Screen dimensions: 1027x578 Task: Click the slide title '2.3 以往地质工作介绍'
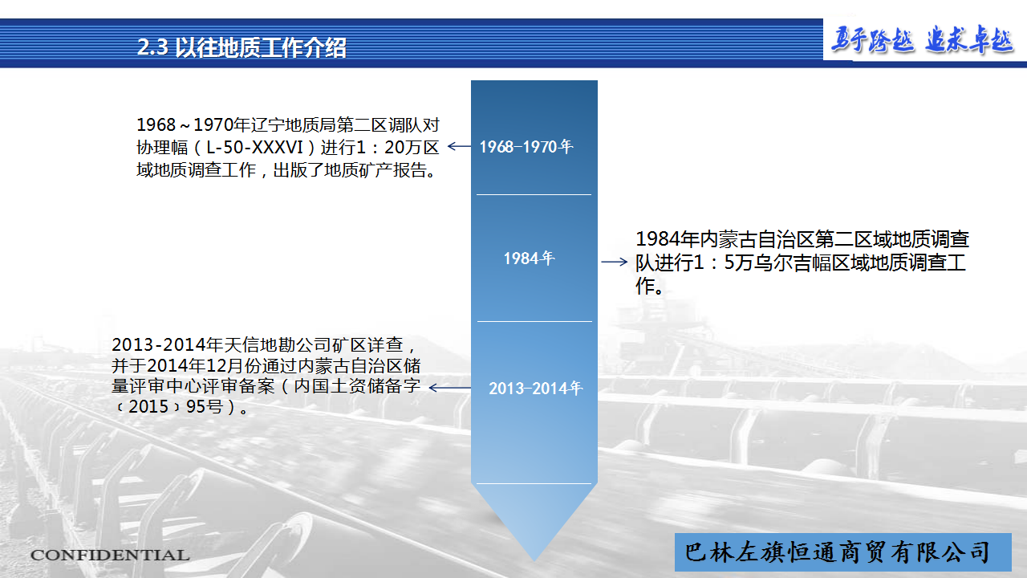pyautogui.click(x=242, y=47)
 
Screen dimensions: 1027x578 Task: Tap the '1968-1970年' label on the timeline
pyautogui.click(x=526, y=147)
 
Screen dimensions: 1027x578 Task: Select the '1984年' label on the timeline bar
pyautogui.click(x=529, y=258)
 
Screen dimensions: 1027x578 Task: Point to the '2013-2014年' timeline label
pyautogui.click(x=535, y=389)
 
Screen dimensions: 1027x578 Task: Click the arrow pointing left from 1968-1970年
pyautogui.click(x=459, y=146)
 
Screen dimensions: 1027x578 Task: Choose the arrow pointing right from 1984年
pyautogui.click(x=615, y=262)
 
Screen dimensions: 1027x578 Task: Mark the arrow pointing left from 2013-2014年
pyautogui.click(x=450, y=388)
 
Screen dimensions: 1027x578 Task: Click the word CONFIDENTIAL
pyautogui.click(x=110, y=555)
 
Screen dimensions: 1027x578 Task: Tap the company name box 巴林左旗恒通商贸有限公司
pyautogui.click(x=842, y=552)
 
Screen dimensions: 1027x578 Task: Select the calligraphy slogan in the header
pyautogui.click(x=923, y=40)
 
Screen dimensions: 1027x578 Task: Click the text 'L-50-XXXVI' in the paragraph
pyautogui.click(x=254, y=147)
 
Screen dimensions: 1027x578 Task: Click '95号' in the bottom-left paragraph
pyautogui.click(x=205, y=406)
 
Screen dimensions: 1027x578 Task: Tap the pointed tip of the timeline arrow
pyautogui.click(x=534, y=560)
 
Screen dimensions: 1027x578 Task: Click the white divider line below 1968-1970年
pyautogui.click(x=534, y=194)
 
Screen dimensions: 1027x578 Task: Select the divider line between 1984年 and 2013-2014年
pyautogui.click(x=534, y=321)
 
